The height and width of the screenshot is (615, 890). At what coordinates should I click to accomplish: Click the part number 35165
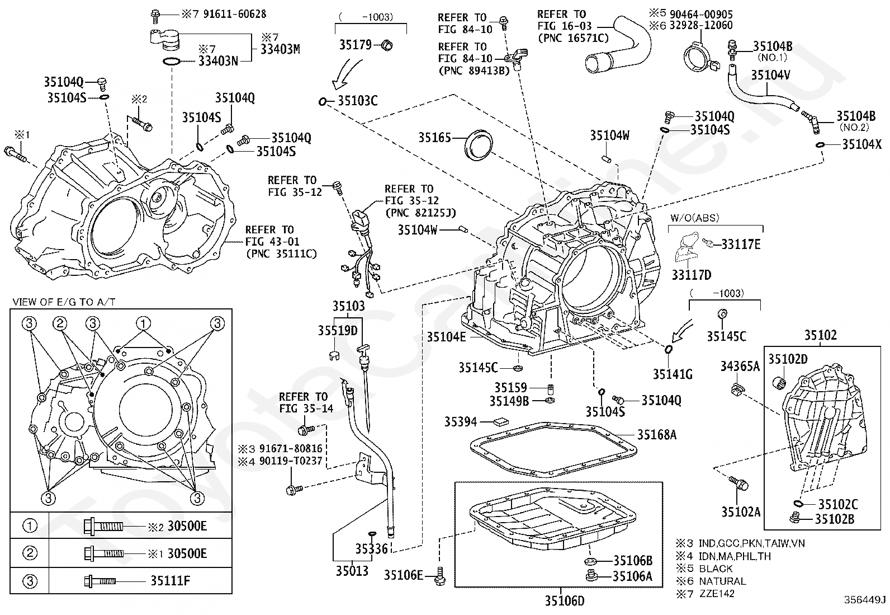(434, 137)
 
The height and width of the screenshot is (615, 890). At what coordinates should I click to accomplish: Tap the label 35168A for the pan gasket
(657, 434)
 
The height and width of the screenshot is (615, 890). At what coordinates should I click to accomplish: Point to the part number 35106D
(565, 600)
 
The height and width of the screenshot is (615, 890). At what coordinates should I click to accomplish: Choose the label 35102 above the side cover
(820, 335)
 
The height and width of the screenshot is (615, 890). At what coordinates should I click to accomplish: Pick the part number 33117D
(692, 275)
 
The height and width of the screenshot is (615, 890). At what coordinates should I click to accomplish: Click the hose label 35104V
(770, 74)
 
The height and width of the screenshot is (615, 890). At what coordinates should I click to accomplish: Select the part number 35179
(356, 44)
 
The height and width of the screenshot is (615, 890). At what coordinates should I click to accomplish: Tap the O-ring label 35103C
(358, 101)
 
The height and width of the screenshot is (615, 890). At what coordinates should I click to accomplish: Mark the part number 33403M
(280, 49)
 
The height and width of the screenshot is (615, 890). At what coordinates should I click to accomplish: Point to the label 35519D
(338, 330)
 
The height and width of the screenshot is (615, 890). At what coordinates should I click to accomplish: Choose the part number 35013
(352, 571)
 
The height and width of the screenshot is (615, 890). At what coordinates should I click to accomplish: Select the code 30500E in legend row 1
(187, 526)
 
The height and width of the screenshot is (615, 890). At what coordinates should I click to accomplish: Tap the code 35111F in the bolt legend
(170, 580)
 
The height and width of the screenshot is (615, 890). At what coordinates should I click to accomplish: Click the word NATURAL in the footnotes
(722, 581)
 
